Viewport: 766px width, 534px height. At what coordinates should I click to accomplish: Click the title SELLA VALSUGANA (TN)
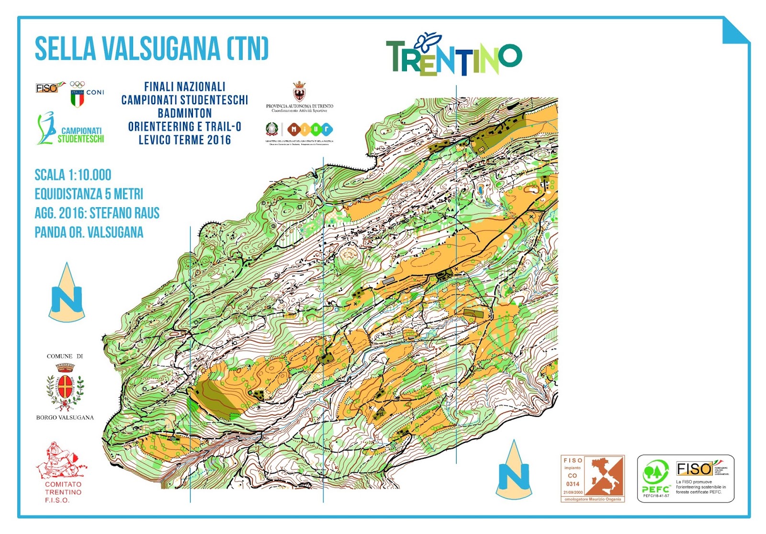point(151,49)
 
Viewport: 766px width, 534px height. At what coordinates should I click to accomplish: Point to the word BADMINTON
point(185,113)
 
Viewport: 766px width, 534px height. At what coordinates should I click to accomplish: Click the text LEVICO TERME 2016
point(185,140)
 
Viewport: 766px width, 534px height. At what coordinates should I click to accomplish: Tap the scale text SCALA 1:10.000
point(73,175)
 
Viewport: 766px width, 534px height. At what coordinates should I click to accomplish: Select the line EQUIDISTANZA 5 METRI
point(89,194)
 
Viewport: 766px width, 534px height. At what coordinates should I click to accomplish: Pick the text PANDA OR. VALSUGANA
point(89,233)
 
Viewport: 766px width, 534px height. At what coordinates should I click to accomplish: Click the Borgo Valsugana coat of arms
point(65,387)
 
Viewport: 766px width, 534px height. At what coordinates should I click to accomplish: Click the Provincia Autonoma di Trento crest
point(299,91)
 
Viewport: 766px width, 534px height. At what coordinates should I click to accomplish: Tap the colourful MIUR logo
point(310,129)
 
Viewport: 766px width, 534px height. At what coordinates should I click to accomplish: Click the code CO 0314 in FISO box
point(573,479)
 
